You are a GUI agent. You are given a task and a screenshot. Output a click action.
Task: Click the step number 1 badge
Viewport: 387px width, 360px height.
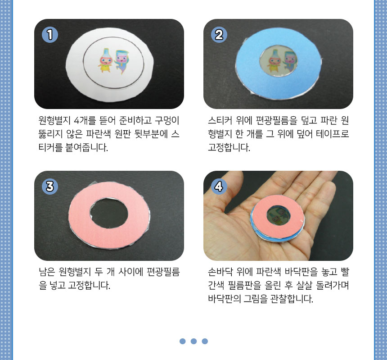[x=50, y=35]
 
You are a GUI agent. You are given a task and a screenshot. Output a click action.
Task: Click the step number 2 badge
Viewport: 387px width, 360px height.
[x=219, y=35]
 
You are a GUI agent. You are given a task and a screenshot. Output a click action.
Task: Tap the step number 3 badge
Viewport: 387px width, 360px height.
[x=50, y=186]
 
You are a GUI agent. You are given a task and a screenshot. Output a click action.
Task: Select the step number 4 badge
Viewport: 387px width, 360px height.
[x=219, y=186]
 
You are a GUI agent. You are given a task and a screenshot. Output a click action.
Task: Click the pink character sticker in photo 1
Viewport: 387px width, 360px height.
[x=105, y=60]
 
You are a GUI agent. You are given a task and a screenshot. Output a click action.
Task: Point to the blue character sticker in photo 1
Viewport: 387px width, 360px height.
[x=121, y=62]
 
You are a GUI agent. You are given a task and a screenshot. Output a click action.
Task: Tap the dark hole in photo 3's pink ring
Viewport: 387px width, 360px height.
[x=109, y=213]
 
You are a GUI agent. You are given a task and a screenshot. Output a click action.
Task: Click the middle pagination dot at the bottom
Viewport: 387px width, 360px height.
[x=194, y=341]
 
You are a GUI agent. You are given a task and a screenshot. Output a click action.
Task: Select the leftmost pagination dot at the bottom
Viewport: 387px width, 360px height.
[x=183, y=341]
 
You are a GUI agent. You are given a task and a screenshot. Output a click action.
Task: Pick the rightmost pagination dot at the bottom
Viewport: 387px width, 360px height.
[x=205, y=341]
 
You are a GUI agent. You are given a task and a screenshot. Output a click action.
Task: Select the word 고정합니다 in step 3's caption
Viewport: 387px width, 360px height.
[x=89, y=285]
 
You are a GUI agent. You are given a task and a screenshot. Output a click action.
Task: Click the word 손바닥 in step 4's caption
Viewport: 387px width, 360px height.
[x=220, y=272]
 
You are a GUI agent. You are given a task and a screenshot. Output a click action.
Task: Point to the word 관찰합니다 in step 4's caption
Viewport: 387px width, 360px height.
[x=292, y=299]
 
